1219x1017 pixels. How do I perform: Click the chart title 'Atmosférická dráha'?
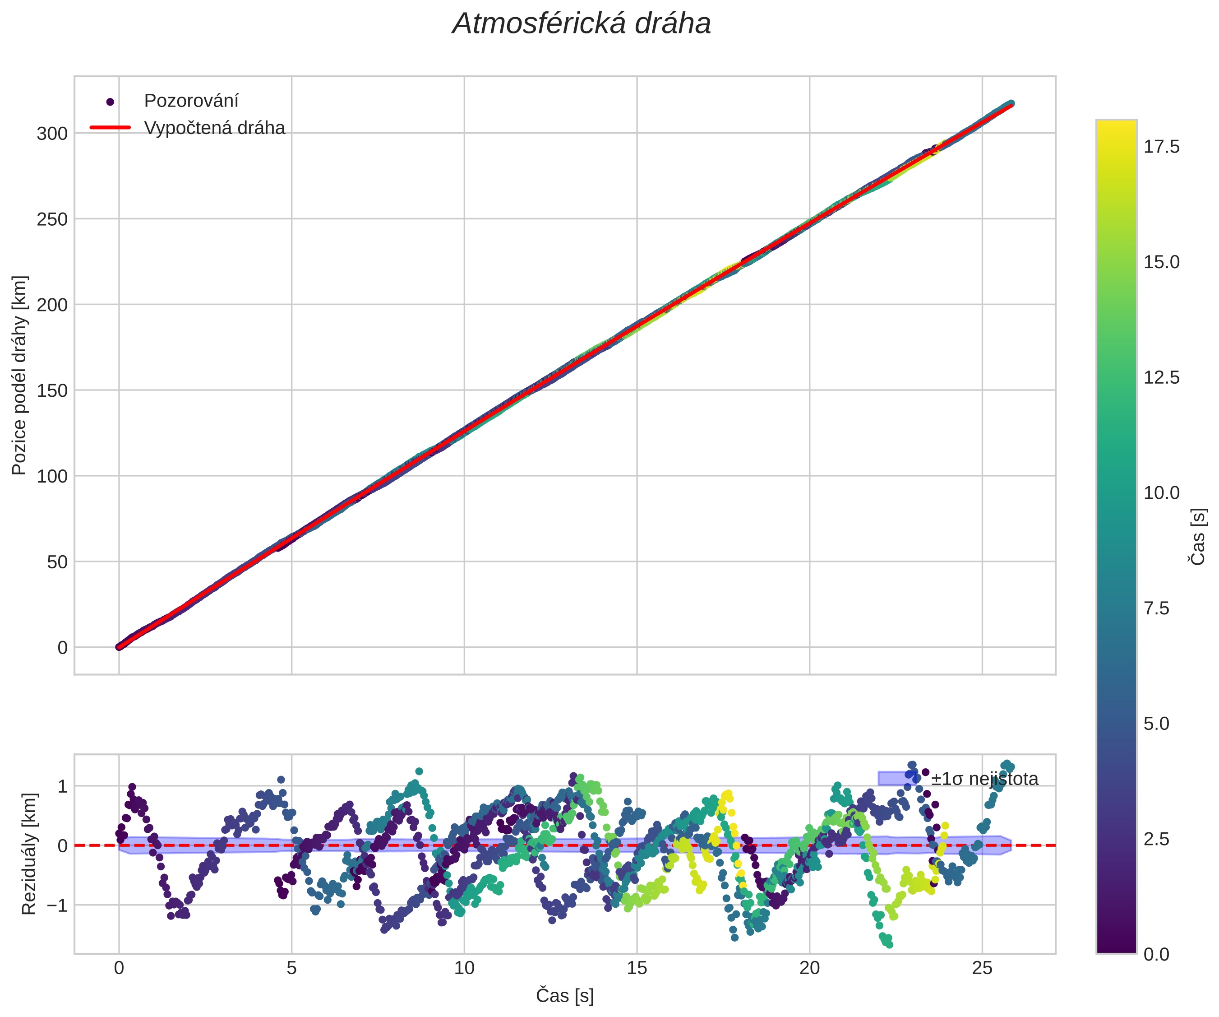click(x=581, y=24)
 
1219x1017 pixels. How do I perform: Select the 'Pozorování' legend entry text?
click(x=191, y=101)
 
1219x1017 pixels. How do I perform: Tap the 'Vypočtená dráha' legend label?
click(x=214, y=128)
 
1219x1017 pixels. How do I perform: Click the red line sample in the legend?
click(x=110, y=128)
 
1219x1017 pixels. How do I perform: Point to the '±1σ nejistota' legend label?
click(x=984, y=779)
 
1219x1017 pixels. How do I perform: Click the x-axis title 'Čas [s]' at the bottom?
click(x=564, y=995)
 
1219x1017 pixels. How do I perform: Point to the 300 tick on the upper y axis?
click(x=52, y=134)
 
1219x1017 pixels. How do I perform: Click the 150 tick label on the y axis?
click(x=52, y=391)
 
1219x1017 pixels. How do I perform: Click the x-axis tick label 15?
click(x=637, y=968)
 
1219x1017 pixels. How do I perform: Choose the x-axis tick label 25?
click(x=982, y=968)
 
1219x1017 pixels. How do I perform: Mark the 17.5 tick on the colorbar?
click(x=1162, y=148)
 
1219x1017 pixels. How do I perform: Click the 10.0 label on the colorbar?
click(x=1162, y=493)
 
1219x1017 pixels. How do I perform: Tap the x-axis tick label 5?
click(x=291, y=968)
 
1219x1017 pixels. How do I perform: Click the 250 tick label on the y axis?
click(x=52, y=219)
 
